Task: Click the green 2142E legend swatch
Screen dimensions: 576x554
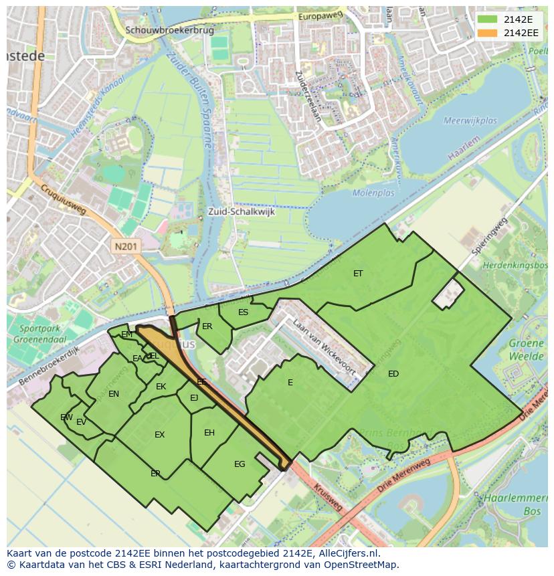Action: [488, 20]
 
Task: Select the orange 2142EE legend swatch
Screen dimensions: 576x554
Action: [488, 33]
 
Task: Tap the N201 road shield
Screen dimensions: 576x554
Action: [127, 246]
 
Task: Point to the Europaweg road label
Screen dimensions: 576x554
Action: [320, 15]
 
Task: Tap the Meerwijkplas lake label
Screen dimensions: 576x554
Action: [470, 121]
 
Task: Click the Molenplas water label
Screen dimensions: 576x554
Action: [373, 193]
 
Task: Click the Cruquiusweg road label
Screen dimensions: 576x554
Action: [64, 201]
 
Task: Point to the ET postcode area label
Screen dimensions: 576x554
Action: [358, 273]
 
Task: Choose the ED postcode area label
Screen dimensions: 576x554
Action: [393, 374]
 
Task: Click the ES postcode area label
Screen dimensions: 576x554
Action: [244, 312]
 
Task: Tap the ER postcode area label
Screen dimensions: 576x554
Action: [207, 326]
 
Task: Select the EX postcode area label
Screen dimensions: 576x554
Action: [159, 435]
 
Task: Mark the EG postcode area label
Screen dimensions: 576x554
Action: [240, 464]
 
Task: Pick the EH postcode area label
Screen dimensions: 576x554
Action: [209, 433]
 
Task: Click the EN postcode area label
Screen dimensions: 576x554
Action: [114, 394]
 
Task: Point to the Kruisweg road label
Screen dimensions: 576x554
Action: [328, 495]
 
